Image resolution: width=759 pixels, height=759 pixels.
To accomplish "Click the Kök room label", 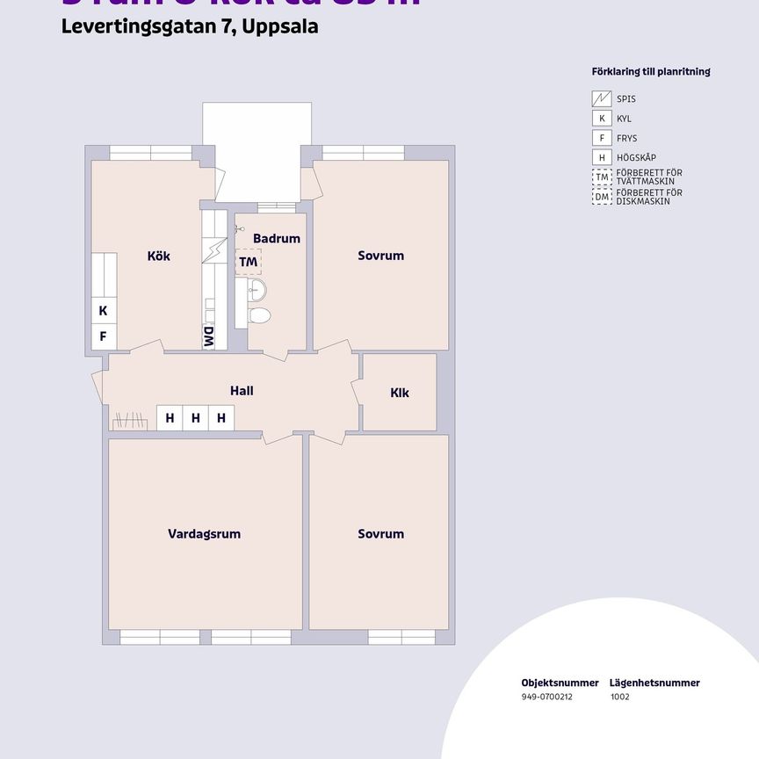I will (159, 257).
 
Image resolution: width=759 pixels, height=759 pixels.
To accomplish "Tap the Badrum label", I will (277, 238).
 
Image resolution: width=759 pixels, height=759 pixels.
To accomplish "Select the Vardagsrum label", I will (204, 534).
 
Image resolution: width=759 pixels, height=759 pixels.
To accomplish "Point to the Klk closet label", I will (400, 393).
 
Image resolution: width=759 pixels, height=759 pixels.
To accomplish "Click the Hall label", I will (242, 390).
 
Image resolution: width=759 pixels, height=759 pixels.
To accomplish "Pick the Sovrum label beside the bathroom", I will (380, 256).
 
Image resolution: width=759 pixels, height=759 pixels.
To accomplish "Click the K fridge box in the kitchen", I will (103, 311).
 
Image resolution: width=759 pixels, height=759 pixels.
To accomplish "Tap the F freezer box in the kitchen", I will (103, 336).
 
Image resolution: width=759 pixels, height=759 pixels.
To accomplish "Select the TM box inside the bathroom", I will (248, 262).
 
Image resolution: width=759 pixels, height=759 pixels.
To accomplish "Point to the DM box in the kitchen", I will (209, 337).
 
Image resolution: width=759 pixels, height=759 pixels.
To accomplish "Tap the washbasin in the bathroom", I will (256, 289).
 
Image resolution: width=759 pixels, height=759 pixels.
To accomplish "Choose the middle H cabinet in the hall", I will (196, 418).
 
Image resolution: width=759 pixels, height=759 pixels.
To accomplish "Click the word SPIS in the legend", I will (626, 99).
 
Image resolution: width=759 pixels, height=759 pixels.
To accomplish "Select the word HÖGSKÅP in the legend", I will (636, 157).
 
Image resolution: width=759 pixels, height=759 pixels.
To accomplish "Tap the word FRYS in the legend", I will (627, 138).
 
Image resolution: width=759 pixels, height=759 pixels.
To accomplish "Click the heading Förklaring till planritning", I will (651, 72).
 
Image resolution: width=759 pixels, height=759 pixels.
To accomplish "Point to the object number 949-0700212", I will (546, 697).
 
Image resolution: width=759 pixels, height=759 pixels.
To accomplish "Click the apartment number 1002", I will (619, 697).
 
